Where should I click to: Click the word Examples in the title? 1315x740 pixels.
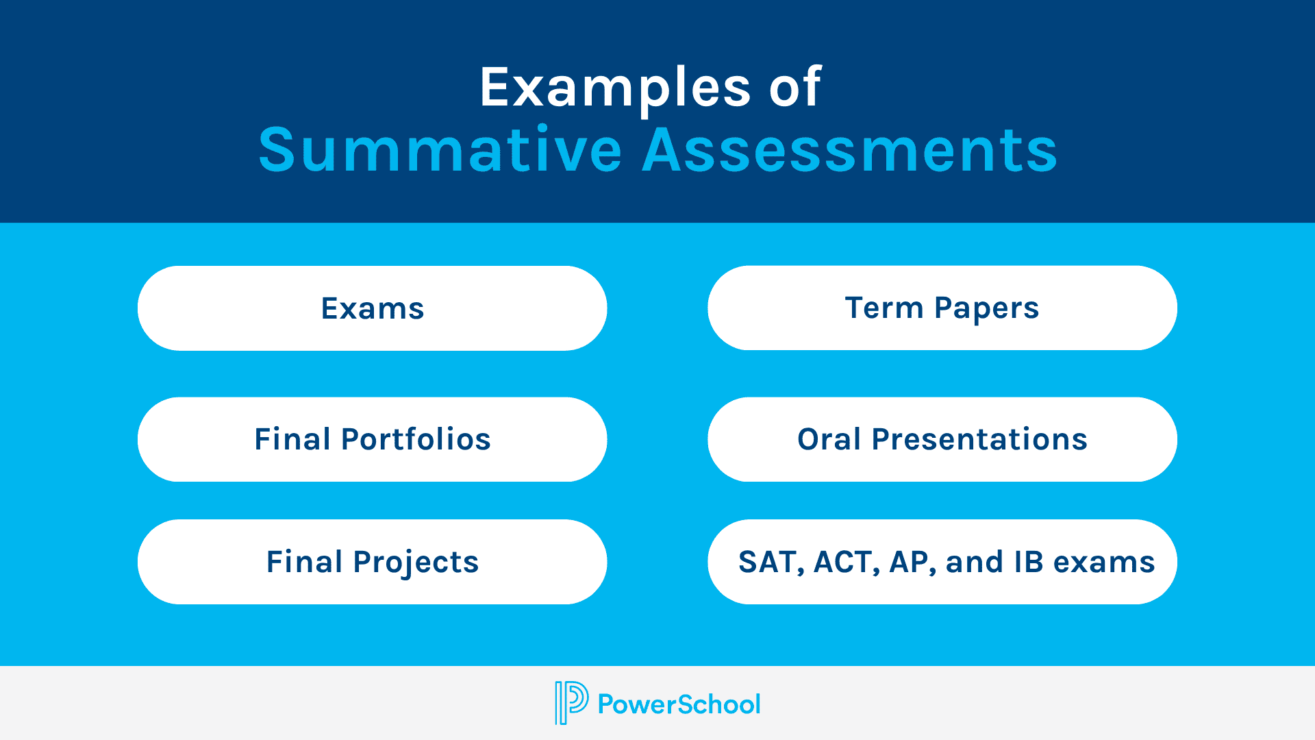(x=615, y=88)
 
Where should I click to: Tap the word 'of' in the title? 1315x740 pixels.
(x=794, y=88)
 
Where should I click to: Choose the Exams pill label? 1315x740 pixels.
(x=373, y=308)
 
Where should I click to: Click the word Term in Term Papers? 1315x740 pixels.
(x=884, y=308)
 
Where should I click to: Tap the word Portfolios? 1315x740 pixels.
(x=416, y=439)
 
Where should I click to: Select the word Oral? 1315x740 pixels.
(x=829, y=439)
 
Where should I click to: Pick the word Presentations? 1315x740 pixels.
(x=979, y=439)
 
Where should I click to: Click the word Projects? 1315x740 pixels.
(x=416, y=563)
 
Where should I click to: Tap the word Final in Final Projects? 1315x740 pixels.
(x=304, y=562)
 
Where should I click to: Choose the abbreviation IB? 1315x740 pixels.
(x=1029, y=562)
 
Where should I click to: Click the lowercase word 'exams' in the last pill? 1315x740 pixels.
(x=1104, y=563)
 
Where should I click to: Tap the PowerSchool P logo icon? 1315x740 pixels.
(x=571, y=703)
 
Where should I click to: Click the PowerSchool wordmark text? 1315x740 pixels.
(x=679, y=704)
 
